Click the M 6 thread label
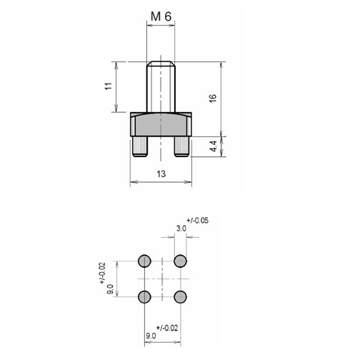tap(161, 16)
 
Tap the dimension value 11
tap(109, 86)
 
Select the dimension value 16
tap(213, 98)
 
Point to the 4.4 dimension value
tap(214, 146)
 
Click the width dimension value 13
tap(161, 174)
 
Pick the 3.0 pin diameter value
tap(181, 229)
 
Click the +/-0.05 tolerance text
tap(197, 221)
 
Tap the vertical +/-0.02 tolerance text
tap(102, 273)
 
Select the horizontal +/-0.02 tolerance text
tap(167, 328)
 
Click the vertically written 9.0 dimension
tap(110, 289)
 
